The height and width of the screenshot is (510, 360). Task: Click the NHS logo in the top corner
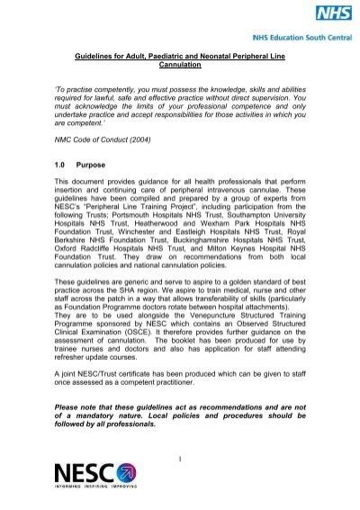click(335, 14)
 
